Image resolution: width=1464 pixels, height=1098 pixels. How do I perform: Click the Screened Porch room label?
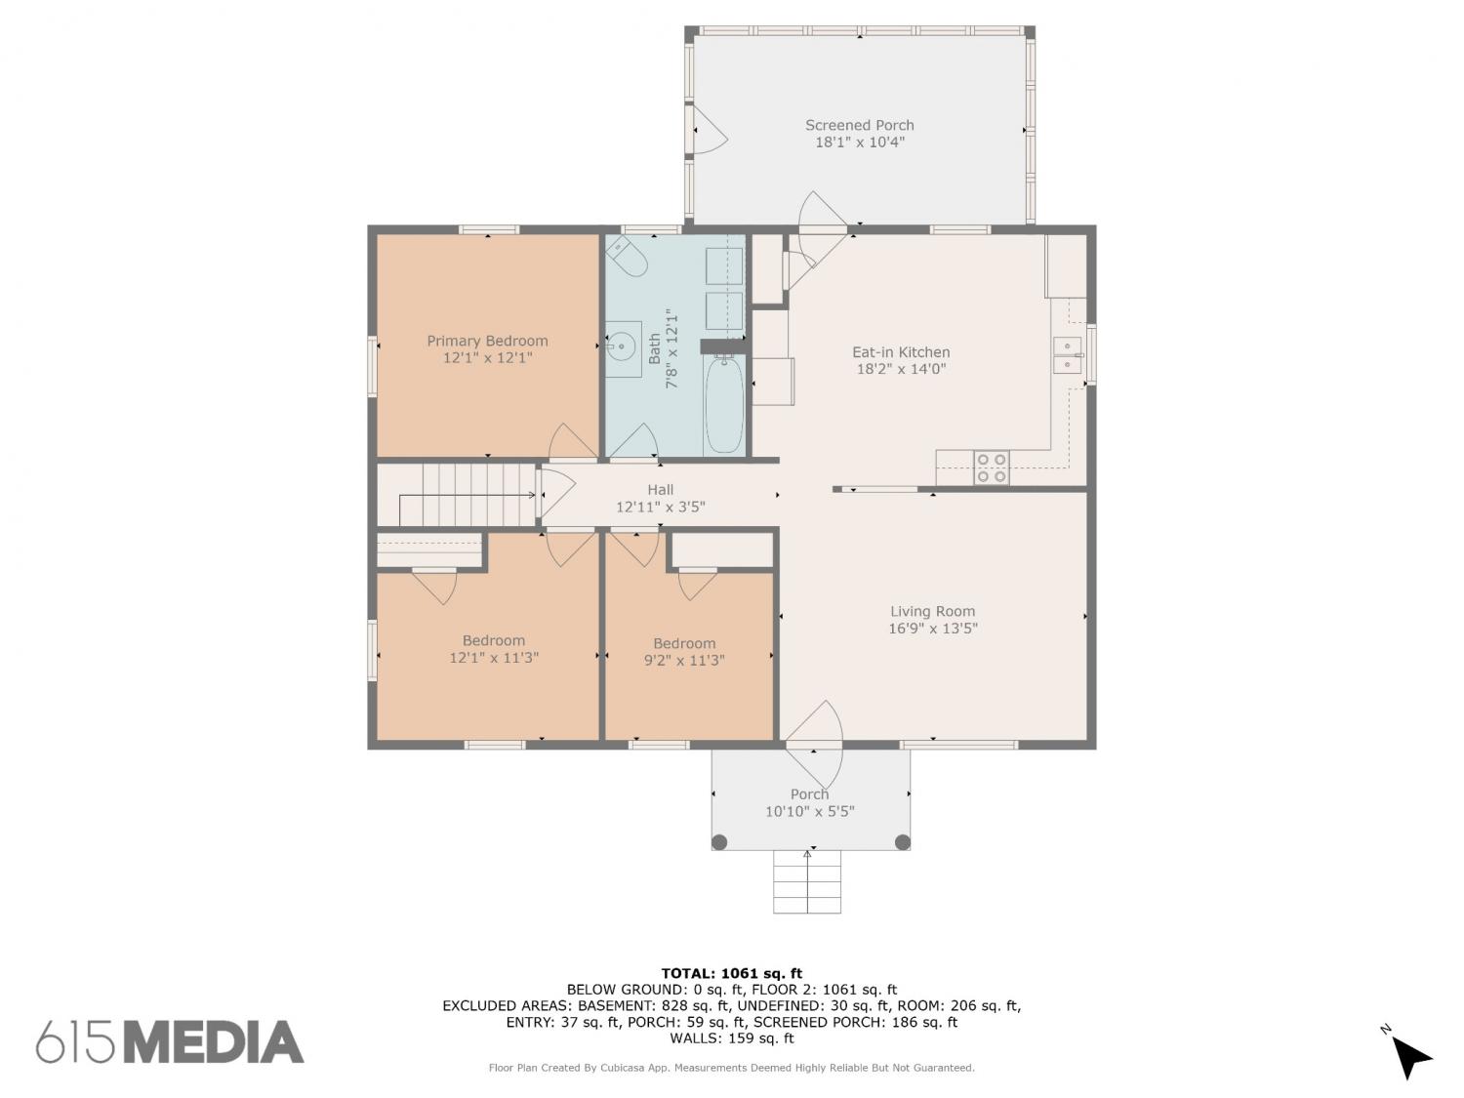tap(859, 125)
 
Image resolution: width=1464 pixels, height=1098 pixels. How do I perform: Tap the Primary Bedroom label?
tap(488, 341)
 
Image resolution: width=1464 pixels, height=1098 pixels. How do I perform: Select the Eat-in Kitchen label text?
tap(901, 352)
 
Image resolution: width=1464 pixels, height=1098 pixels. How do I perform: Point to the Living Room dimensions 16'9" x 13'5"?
tap(932, 628)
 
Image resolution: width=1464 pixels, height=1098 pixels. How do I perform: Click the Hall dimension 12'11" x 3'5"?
tap(661, 507)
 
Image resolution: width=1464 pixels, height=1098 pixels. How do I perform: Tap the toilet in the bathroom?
tap(627, 256)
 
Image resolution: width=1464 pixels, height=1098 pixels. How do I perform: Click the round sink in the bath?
tap(623, 346)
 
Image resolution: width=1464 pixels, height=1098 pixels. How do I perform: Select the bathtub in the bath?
tap(724, 404)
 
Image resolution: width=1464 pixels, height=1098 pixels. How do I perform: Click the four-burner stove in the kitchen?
tap(991, 468)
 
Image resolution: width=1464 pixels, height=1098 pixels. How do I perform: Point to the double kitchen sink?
tap(1068, 356)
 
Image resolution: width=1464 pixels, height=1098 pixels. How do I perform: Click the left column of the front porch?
tap(719, 842)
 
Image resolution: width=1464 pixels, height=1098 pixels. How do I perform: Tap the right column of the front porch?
tap(903, 842)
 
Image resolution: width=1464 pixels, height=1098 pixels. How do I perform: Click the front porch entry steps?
tap(807, 881)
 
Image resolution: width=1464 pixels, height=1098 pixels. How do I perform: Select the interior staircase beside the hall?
tap(457, 495)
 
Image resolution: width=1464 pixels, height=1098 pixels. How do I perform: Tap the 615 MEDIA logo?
tap(170, 1041)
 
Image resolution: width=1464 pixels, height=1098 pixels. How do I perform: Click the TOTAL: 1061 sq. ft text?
tap(732, 974)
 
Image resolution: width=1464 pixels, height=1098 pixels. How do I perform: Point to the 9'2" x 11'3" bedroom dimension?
tap(684, 660)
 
